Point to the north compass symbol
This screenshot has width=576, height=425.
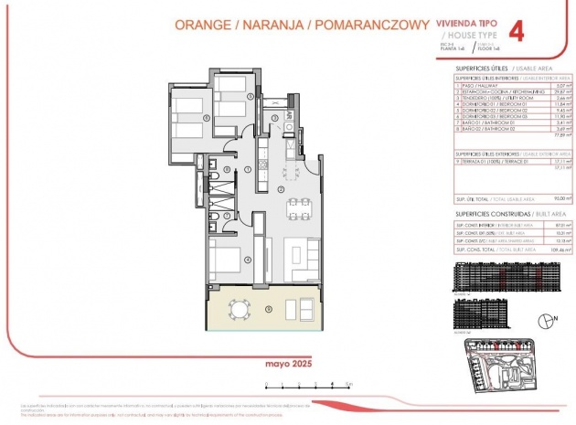(546, 321)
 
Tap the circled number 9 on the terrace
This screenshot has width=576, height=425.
(268, 306)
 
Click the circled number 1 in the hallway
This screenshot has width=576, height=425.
(248, 170)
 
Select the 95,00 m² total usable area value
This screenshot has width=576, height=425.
(563, 198)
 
